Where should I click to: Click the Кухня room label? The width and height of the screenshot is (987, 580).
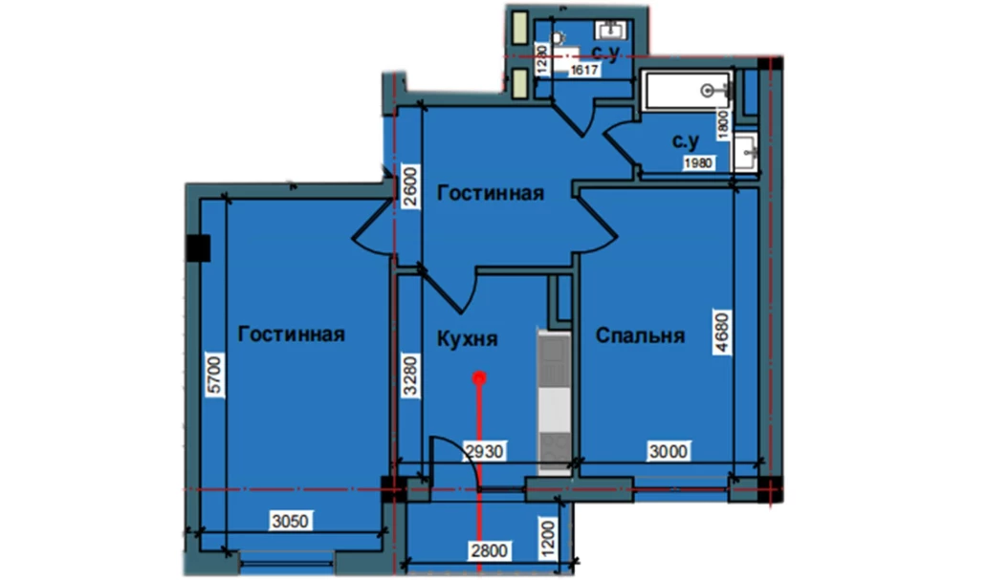point(467,339)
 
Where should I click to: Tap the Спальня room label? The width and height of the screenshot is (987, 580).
point(640,335)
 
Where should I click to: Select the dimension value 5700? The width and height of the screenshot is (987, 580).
point(215,375)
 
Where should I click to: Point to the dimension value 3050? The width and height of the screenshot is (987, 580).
point(290,521)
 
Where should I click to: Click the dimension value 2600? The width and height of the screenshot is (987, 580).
point(409,187)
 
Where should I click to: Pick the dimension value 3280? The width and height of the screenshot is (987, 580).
point(409,376)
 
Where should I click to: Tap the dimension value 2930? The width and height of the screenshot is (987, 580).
point(484,451)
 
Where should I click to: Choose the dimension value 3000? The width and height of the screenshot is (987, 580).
point(669,451)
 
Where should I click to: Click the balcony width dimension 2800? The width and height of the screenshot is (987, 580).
point(489,551)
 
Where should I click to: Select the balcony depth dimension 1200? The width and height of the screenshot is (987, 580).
point(549,539)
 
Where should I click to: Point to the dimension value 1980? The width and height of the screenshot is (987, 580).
point(699,163)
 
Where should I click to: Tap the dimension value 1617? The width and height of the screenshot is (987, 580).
point(584,71)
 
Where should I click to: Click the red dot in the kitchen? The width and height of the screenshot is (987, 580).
point(480,378)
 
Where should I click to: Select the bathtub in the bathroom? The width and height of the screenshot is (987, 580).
point(687,92)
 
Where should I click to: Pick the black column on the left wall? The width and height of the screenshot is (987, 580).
point(199,247)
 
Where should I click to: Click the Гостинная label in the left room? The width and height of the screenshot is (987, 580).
point(292,334)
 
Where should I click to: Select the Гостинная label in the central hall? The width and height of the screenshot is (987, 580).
point(491,193)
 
